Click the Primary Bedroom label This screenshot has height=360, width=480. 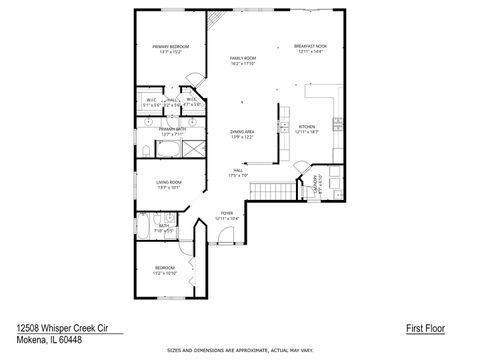pyautogui.click(x=171, y=47)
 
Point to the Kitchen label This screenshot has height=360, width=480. pyautogui.click(x=307, y=127)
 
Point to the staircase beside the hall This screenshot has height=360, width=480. pyautogui.click(x=285, y=189)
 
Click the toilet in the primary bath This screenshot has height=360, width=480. pyautogui.click(x=146, y=150)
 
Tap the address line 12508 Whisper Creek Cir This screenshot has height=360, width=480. pyautogui.click(x=62, y=326)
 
